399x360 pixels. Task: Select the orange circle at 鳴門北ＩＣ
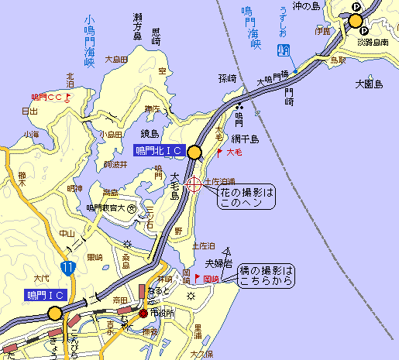[x=194, y=152]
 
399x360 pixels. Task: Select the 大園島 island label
[x=369, y=82]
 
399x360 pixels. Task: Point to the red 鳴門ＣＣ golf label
[x=47, y=98]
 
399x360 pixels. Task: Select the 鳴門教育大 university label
[x=106, y=207]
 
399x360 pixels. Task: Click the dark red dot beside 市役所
[x=143, y=313]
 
